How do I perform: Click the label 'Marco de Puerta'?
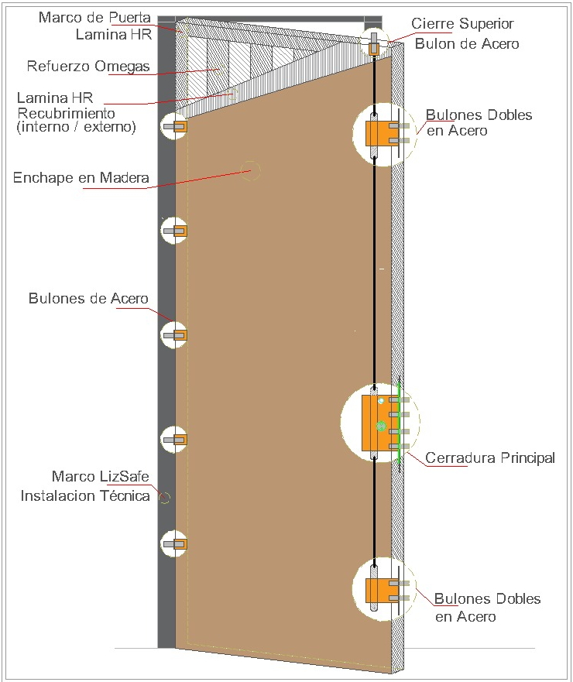(x=95, y=17)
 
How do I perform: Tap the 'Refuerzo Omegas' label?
(x=88, y=66)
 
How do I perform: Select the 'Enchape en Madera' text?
(x=81, y=178)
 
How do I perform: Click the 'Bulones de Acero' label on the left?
(x=88, y=299)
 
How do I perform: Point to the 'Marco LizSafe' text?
(x=100, y=476)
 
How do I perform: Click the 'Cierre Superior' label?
(x=462, y=24)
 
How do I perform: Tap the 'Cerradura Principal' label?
(x=490, y=458)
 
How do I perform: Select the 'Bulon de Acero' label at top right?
(x=467, y=43)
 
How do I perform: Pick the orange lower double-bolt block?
(x=376, y=591)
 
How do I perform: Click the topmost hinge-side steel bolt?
(x=175, y=127)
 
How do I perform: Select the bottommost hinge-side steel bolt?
(x=175, y=544)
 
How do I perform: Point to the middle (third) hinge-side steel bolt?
(x=175, y=335)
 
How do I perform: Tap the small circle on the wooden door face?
(x=250, y=171)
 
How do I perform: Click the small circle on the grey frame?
(x=163, y=498)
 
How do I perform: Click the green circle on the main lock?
(x=380, y=427)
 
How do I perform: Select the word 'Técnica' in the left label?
(x=125, y=496)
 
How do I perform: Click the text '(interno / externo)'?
(x=76, y=126)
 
